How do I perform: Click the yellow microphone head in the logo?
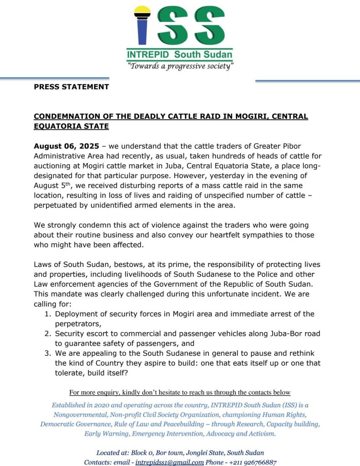[x=142, y=10]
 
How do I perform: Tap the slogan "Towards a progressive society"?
[x=180, y=67]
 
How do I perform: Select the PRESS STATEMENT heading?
[x=71, y=87]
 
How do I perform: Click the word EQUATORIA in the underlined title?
[x=58, y=126]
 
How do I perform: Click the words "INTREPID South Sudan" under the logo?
[x=179, y=55]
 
